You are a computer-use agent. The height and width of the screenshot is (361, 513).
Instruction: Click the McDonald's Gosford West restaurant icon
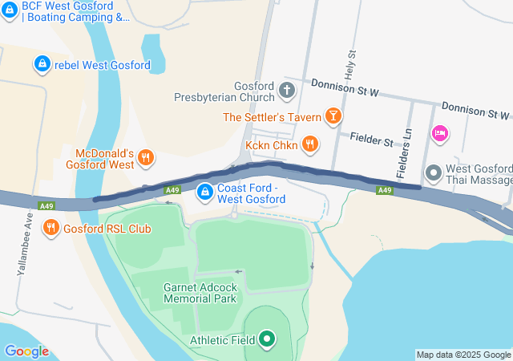click(145, 158)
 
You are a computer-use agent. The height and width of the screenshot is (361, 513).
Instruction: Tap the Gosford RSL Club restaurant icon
click(51, 227)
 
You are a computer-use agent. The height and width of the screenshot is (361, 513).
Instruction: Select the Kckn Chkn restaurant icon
click(310, 145)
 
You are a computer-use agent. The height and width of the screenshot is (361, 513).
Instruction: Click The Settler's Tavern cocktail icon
click(332, 117)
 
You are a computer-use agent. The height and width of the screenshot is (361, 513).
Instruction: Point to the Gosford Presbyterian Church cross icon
click(288, 91)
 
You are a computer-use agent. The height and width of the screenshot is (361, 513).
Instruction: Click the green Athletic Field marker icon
click(268, 340)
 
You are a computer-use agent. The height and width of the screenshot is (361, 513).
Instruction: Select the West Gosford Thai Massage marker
click(434, 173)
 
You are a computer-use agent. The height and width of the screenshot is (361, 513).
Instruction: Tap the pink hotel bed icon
click(439, 133)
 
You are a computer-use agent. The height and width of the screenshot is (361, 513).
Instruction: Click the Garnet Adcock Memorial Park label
click(200, 293)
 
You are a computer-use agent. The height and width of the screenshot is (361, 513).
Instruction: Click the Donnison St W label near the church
click(345, 91)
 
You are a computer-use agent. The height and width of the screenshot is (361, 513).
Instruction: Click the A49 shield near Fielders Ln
click(385, 190)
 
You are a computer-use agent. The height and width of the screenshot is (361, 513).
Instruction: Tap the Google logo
click(26, 351)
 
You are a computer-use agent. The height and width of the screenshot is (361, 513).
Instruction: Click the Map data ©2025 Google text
click(463, 355)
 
